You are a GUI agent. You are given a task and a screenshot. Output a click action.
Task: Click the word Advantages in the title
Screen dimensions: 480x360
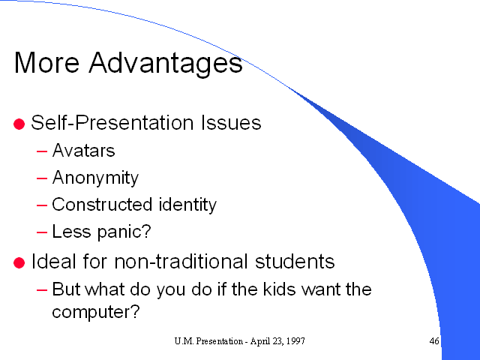(166, 64)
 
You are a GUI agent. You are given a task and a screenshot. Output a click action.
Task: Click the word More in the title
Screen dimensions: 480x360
(46, 62)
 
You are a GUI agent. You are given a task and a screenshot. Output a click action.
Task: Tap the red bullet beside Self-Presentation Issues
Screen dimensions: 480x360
(19, 124)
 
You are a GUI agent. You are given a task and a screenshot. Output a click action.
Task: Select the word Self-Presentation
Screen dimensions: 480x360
(112, 123)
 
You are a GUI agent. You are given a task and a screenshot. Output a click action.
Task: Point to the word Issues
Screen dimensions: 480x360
(231, 123)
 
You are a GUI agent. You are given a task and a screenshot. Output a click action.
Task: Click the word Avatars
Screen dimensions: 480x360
(83, 150)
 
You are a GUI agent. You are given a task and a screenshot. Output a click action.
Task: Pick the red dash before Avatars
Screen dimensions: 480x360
(42, 151)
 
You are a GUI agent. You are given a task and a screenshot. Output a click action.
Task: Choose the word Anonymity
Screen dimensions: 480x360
(95, 178)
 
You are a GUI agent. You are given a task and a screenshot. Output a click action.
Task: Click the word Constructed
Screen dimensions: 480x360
(102, 205)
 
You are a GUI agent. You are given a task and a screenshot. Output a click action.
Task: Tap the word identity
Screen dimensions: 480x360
(187, 205)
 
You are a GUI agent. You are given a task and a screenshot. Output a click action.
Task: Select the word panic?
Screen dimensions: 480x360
(124, 232)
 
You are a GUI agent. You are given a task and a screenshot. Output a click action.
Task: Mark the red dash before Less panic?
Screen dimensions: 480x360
(42, 232)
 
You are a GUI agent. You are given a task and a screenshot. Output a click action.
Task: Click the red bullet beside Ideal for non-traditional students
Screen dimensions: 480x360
(19, 263)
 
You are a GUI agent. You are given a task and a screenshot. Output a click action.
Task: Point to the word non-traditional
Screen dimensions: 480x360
(181, 262)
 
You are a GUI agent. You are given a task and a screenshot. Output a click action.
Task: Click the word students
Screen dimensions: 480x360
(295, 262)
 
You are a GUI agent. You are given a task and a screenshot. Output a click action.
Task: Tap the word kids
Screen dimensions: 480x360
(279, 289)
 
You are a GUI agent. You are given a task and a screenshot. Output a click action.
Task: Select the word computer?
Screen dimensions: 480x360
(96, 312)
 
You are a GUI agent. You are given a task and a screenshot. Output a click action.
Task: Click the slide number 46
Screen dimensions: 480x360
(434, 341)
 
